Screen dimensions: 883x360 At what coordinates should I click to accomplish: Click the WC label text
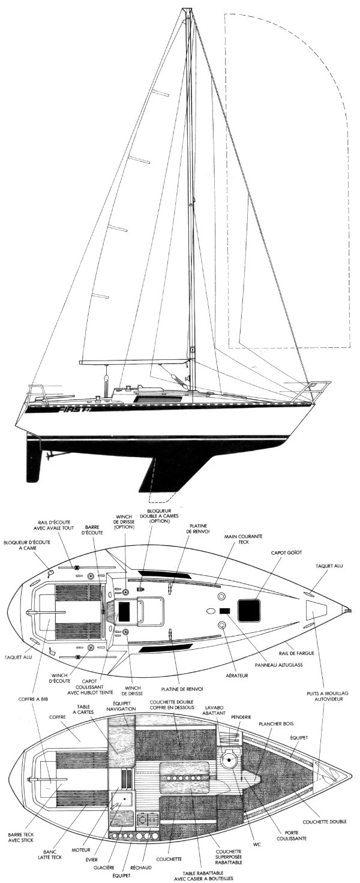click(x=256, y=845)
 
